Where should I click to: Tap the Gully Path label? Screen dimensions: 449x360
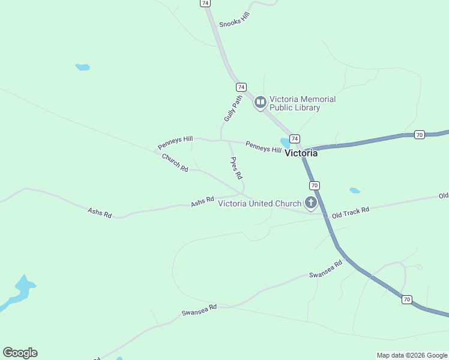click(x=232, y=108)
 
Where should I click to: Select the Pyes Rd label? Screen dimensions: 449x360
click(x=236, y=168)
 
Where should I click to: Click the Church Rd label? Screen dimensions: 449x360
click(x=175, y=163)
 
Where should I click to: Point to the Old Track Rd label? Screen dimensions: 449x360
click(x=350, y=212)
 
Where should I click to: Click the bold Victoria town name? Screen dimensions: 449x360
click(x=301, y=153)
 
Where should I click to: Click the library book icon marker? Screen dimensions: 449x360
click(x=261, y=103)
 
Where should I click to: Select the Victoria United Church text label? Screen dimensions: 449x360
click(x=259, y=203)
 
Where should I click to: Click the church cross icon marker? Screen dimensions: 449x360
click(x=311, y=203)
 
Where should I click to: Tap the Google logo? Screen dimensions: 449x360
click(x=20, y=353)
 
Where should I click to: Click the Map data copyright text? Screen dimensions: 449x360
click(x=411, y=355)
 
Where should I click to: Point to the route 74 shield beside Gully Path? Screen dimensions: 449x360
click(x=241, y=87)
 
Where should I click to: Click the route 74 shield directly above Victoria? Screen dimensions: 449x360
click(x=294, y=138)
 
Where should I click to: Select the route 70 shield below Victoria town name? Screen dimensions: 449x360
click(x=315, y=185)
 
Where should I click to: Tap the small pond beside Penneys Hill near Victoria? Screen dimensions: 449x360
click(x=285, y=143)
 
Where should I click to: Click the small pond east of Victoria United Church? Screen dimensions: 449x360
click(x=355, y=191)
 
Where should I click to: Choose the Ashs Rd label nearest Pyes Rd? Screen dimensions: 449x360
click(x=202, y=202)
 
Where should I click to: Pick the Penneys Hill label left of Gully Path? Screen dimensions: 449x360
click(x=173, y=142)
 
